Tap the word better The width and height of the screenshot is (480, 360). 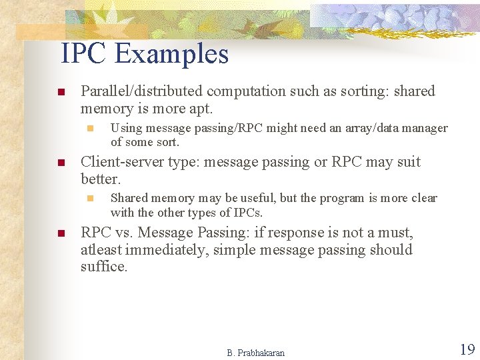pyautogui.click(x=100, y=179)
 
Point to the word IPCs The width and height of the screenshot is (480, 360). pyautogui.click(x=247, y=213)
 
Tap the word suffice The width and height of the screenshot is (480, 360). pyautogui.click(x=103, y=267)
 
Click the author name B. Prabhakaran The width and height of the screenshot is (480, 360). pyautogui.click(x=255, y=353)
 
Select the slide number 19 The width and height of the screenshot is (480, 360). pyautogui.click(x=466, y=349)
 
